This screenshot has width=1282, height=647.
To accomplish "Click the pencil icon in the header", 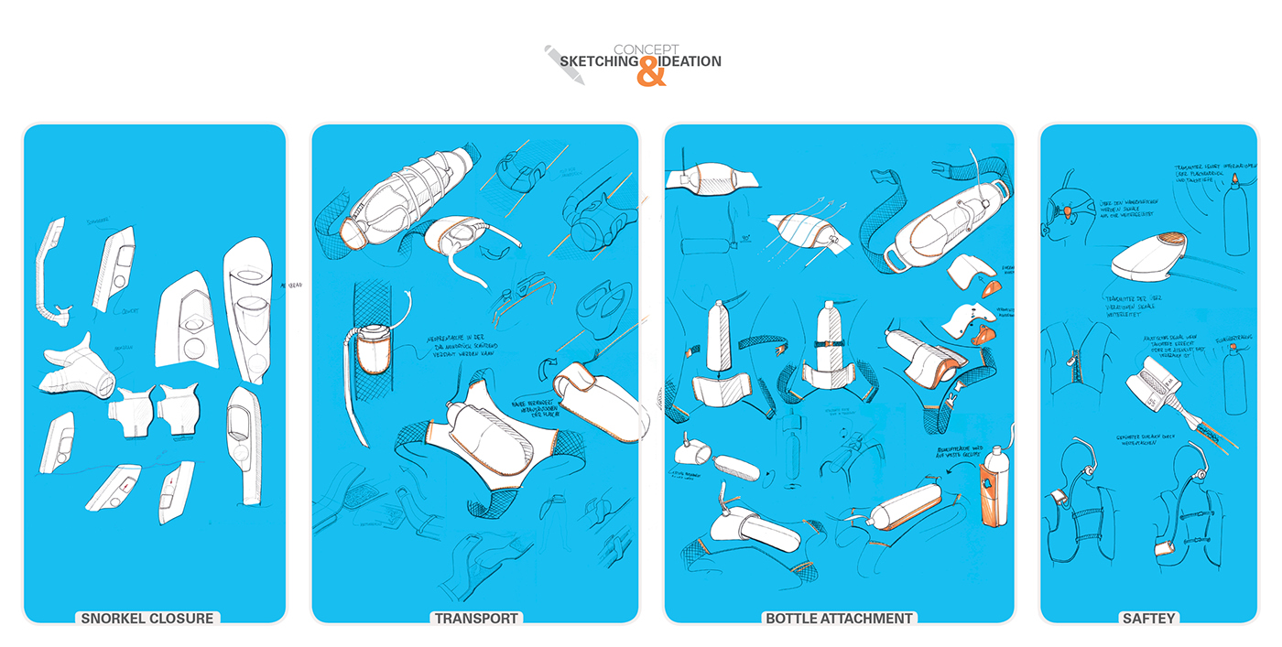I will tap(564, 64).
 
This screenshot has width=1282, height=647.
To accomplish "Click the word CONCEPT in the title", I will tap(646, 49).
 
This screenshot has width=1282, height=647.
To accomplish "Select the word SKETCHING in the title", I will tap(599, 61).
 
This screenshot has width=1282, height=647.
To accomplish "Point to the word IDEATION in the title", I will tap(690, 61).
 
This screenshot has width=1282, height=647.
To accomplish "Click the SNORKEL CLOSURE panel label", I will tap(147, 619).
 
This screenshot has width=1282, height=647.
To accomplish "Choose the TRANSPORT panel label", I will tap(476, 619).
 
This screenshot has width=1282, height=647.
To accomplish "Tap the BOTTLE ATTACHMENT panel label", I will tap(839, 619).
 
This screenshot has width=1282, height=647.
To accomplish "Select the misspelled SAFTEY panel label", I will tap(1148, 619).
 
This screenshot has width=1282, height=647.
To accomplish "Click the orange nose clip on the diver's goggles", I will tap(1066, 213).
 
